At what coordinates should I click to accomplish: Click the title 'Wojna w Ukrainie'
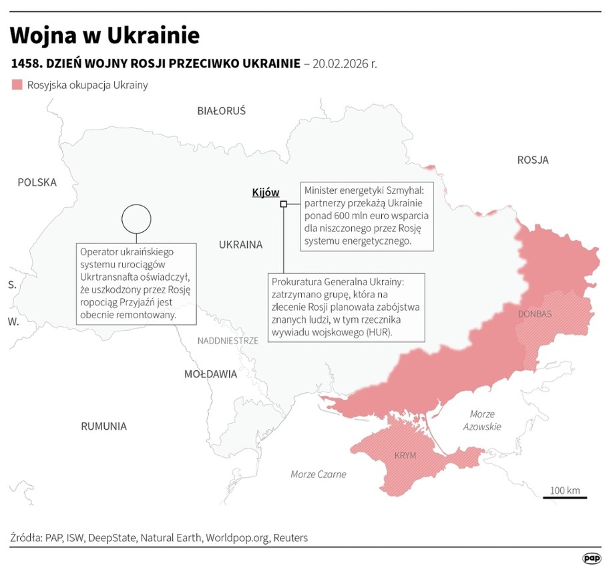tap(105, 35)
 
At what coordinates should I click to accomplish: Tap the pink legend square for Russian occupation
tap(17, 85)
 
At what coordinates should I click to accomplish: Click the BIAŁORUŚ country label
tap(221, 111)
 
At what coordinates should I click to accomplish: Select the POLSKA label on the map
tap(37, 182)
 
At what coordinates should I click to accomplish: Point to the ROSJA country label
tap(532, 160)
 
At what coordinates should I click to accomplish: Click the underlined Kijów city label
tap(265, 192)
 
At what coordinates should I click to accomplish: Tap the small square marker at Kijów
tap(283, 204)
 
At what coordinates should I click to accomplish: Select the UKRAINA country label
tap(240, 245)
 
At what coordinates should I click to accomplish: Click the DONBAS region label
tap(535, 313)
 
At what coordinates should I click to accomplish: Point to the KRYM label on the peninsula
tap(405, 455)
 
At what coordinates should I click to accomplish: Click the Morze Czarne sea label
tap(319, 474)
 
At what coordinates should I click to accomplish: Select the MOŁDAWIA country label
tap(210, 374)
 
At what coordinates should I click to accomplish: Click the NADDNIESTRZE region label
tap(228, 341)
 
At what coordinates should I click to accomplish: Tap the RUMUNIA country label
tap(104, 426)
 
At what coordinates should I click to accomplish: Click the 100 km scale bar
tap(564, 496)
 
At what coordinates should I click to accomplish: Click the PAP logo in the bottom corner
tap(591, 558)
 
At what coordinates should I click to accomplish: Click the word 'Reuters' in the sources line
tap(290, 537)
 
